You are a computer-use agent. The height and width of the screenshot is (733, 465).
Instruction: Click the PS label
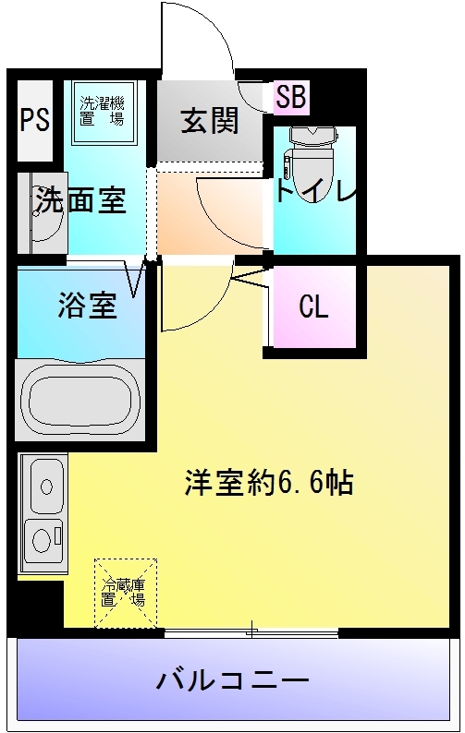click(x=35, y=120)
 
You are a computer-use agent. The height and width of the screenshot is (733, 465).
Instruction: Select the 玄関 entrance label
click(x=210, y=120)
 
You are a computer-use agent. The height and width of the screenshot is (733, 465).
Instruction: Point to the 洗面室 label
click(x=81, y=200)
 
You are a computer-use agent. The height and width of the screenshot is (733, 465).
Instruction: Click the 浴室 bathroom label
click(x=88, y=306)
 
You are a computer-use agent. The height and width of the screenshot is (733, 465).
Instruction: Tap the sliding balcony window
click(x=251, y=632)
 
